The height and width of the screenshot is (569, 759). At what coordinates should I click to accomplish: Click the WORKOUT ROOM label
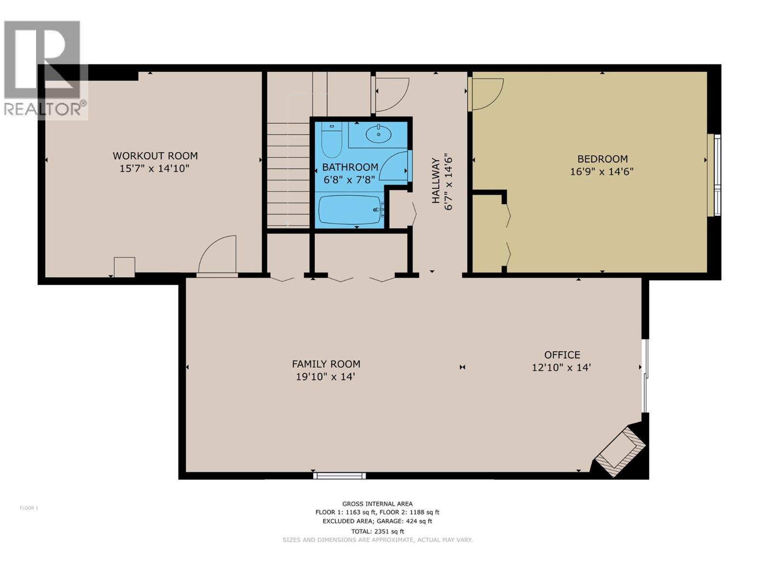[155, 156]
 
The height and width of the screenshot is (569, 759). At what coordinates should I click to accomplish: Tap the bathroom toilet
[331, 141]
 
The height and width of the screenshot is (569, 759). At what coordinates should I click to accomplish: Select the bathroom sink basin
[379, 134]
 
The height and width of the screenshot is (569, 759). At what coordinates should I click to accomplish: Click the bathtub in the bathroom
[350, 210]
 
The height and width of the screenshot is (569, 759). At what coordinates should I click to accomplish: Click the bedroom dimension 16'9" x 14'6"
[602, 171]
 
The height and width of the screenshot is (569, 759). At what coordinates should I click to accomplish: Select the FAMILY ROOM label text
[326, 364]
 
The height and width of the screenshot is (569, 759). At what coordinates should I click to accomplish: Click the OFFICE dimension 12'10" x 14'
[561, 367]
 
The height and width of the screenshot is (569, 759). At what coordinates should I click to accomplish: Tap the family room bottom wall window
[339, 476]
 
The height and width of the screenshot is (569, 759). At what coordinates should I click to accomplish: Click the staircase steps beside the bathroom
[288, 174]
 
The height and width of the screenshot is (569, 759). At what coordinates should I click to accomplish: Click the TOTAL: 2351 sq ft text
[378, 531]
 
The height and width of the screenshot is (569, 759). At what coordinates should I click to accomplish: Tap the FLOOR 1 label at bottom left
[29, 508]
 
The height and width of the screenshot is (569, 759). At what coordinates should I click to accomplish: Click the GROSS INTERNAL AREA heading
[378, 504]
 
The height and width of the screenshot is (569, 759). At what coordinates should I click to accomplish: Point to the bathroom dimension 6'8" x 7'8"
[350, 180]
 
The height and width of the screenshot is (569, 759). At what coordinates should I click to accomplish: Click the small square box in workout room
[124, 267]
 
